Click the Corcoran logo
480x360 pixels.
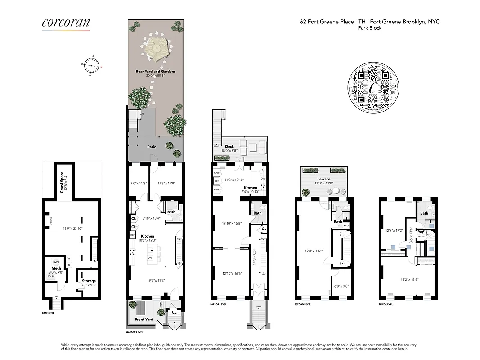66,24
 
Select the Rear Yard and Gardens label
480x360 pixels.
156,72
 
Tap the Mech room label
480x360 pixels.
56,268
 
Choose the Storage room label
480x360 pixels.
89,281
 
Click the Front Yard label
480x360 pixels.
144,319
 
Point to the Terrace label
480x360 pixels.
323,179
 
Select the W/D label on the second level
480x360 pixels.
346,225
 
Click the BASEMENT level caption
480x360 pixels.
48,313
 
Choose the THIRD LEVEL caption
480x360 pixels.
386,305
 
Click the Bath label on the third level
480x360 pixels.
424,213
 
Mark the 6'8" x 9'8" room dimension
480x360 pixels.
341,286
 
